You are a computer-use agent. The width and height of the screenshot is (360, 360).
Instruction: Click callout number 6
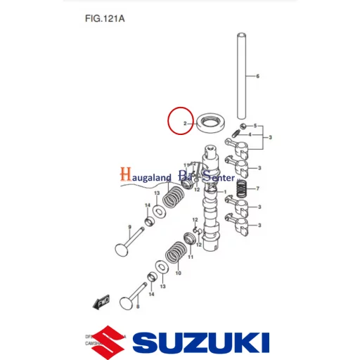[x=257, y=75]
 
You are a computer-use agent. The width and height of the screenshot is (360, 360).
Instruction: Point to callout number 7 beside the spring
[x=258, y=188]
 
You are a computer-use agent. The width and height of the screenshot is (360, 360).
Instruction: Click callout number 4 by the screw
[x=250, y=134]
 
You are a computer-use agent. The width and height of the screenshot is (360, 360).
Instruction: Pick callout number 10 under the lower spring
[x=177, y=273]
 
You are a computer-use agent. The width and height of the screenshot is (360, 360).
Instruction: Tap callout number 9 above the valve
[x=129, y=226]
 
